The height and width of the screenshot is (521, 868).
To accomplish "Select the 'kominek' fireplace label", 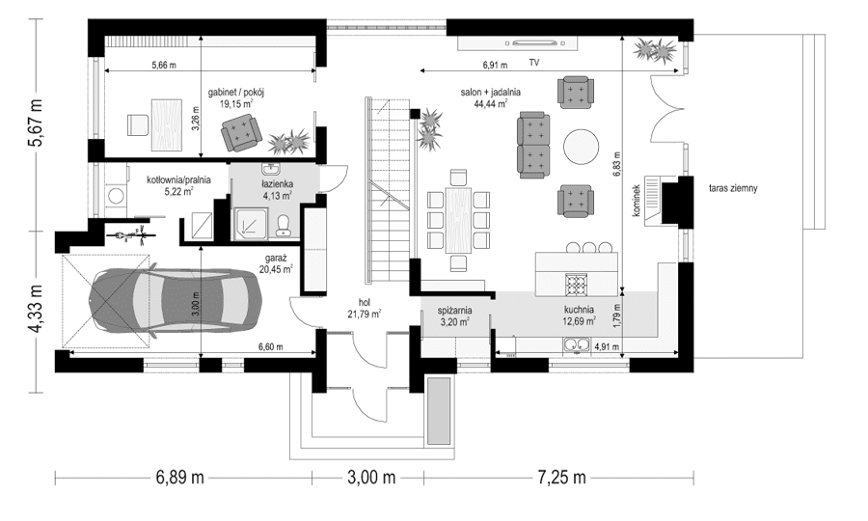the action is [x=637, y=201].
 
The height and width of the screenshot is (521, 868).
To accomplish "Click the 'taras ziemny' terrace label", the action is [x=733, y=188].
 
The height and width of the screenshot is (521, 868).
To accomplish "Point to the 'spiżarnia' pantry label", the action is [x=454, y=311].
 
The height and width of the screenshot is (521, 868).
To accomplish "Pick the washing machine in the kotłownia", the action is [x=117, y=195].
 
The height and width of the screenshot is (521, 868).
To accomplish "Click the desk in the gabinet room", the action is [x=167, y=124].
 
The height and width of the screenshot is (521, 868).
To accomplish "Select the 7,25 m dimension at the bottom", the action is [x=561, y=478].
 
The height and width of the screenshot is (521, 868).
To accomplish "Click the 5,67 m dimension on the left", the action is [x=36, y=123].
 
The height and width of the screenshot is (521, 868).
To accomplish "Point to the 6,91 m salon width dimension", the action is [x=495, y=65].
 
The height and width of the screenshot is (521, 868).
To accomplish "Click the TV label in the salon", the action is [x=533, y=63].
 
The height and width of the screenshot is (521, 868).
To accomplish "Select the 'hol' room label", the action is [x=365, y=302].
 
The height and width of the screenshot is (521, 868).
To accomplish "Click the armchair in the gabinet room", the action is [x=241, y=133].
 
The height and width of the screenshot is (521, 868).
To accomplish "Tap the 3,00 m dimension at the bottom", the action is [x=371, y=478].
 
